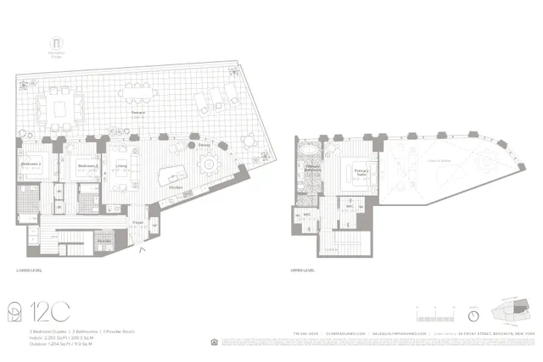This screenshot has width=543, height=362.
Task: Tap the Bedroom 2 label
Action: [31, 164]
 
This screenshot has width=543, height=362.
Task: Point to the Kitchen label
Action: [176, 187]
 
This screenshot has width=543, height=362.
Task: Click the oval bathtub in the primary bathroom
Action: [309, 153]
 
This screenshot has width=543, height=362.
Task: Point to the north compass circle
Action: [473, 315]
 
